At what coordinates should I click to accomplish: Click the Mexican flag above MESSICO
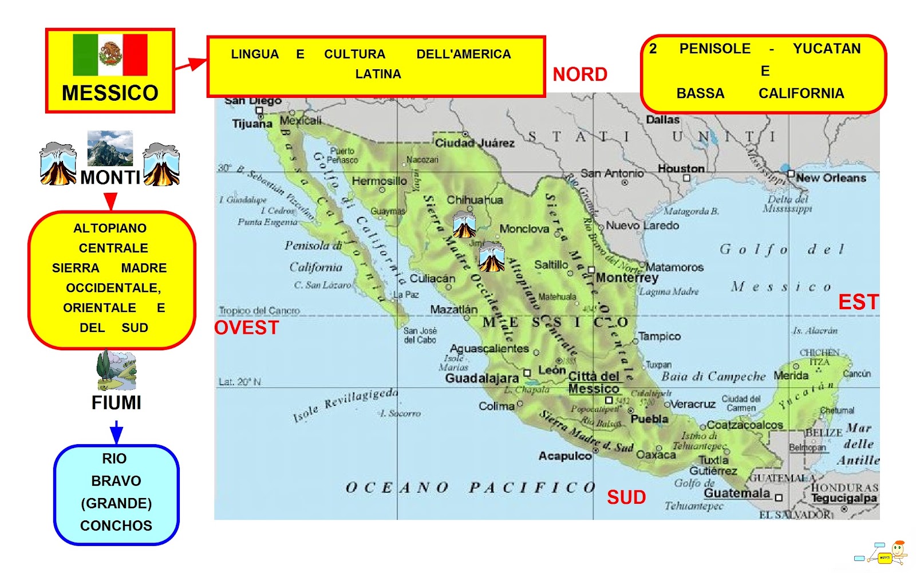coord(110,55)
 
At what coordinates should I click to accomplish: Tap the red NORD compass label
coord(579,74)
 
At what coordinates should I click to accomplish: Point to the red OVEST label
coord(247,328)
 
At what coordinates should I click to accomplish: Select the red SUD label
coord(626,497)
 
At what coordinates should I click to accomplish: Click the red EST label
coord(858,302)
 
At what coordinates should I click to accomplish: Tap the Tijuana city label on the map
coord(252,124)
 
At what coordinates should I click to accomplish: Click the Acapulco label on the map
coord(564,456)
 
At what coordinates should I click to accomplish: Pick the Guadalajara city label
coord(481,378)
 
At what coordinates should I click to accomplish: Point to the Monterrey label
coord(627,278)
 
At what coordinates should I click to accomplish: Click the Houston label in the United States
coord(681,168)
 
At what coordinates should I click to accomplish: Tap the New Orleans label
coord(831,178)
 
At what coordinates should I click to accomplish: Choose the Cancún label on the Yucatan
coord(856,374)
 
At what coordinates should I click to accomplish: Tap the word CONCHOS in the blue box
coord(116,525)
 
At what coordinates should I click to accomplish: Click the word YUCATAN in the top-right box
coord(826,49)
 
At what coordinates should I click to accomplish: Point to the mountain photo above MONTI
coord(110,148)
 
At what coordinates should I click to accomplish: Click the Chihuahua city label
coord(475,200)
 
